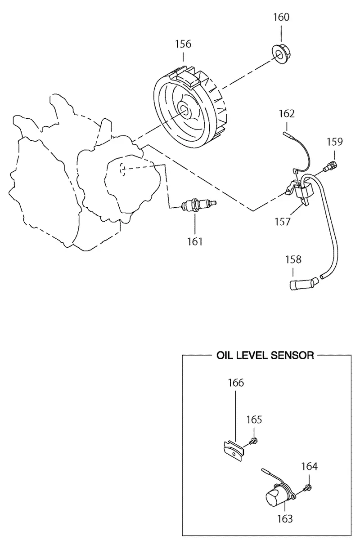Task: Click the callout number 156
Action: (x=183, y=45)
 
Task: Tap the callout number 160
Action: (x=281, y=18)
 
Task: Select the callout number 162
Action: (x=287, y=114)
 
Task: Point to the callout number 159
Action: (x=334, y=142)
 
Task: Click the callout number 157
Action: (x=283, y=222)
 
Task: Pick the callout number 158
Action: (x=293, y=259)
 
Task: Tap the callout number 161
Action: (x=195, y=241)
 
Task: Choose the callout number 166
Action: (x=236, y=383)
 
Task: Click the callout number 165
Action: (x=254, y=420)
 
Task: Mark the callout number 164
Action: (x=309, y=466)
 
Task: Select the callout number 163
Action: (x=285, y=519)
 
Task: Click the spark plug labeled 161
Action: (x=198, y=205)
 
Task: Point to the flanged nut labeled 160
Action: (x=283, y=54)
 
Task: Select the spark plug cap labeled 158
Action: (x=303, y=284)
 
